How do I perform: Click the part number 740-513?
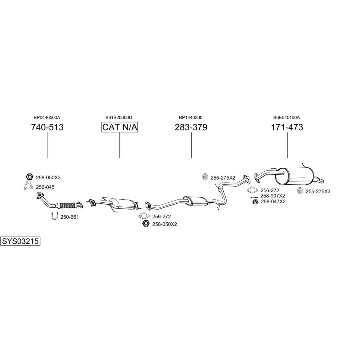(47, 127)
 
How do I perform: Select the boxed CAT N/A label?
(120, 127)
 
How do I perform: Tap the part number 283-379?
(191, 127)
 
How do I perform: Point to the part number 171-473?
(287, 127)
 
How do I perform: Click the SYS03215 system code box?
(20, 241)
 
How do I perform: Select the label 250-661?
(70, 217)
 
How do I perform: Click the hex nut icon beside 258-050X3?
(29, 177)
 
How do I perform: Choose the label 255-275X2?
(223, 177)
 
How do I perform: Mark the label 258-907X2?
(273, 196)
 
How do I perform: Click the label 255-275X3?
(318, 191)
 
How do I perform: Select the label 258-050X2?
(165, 224)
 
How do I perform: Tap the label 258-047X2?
(273, 202)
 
